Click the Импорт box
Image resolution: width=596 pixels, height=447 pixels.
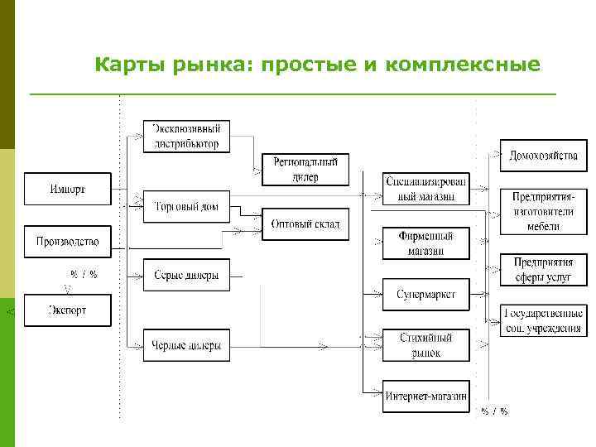pyautogui.click(x=67, y=189)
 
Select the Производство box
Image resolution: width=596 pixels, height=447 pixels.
pyautogui.click(x=67, y=242)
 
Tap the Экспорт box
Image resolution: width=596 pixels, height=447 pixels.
pyautogui.click(x=67, y=310)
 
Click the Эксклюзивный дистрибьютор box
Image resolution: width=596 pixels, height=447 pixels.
pyautogui.click(x=186, y=136)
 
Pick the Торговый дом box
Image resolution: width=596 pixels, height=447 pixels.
pyautogui.click(x=186, y=206)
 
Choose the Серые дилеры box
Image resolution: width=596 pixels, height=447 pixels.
pyautogui.click(x=186, y=275)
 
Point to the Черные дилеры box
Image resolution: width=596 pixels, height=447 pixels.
pyautogui.click(x=186, y=345)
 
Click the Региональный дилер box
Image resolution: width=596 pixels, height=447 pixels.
pyautogui.click(x=305, y=170)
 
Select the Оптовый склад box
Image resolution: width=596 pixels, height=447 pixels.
pyautogui.click(x=305, y=223)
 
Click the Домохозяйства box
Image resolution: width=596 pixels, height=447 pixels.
pyautogui.click(x=543, y=155)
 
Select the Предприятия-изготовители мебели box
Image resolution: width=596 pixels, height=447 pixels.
pyautogui.click(x=543, y=211)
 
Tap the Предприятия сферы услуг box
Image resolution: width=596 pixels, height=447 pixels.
pyautogui.click(x=543, y=270)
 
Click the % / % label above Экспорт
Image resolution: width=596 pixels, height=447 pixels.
pyautogui.click(x=83, y=274)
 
